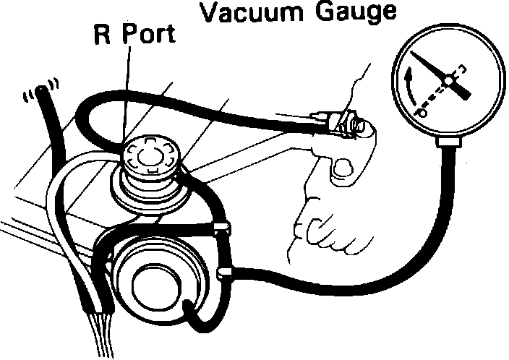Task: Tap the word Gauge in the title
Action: click(351, 12)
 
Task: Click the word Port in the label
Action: click(149, 37)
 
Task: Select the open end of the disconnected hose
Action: click(43, 93)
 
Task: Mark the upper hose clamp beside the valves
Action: click(223, 230)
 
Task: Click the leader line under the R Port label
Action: click(128, 94)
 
